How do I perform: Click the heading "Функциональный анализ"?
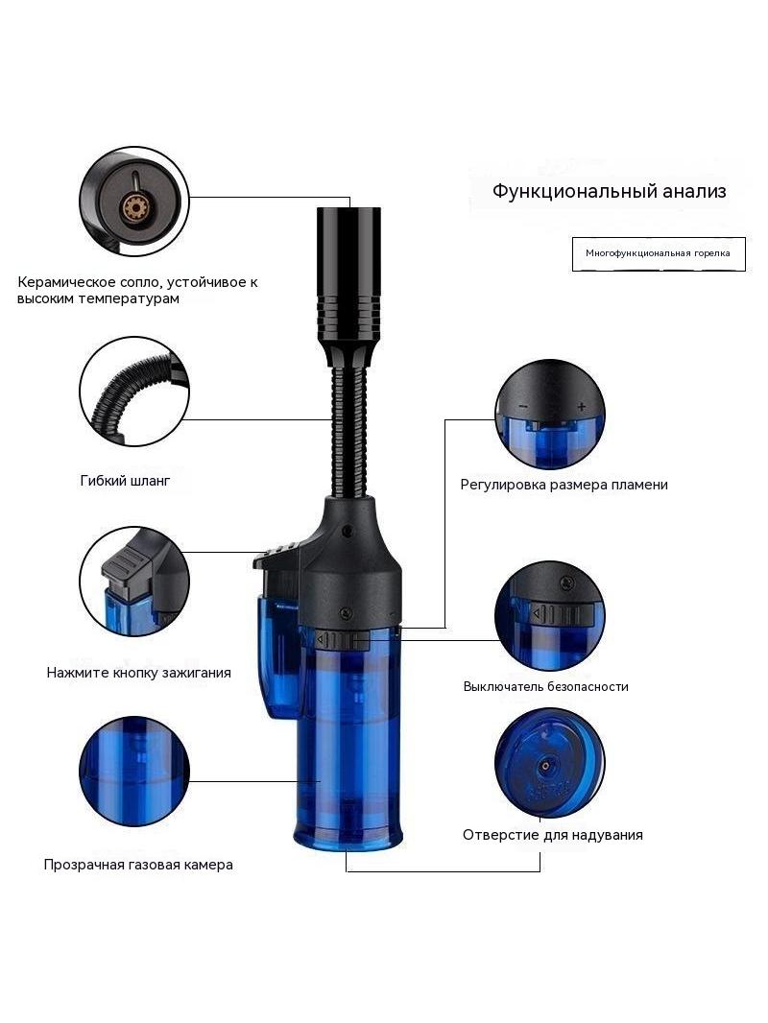pyautogui.click(x=609, y=191)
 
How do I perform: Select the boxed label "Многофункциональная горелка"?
pyautogui.click(x=659, y=253)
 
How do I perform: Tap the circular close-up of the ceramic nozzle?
pyautogui.click(x=134, y=201)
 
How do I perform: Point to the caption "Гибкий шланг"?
pyautogui.click(x=126, y=481)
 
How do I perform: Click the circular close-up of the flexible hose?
pyautogui.click(x=134, y=392)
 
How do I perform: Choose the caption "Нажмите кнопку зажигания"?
pyautogui.click(x=139, y=673)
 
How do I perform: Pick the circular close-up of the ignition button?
pyautogui.click(x=134, y=582)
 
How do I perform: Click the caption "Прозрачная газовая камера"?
pyautogui.click(x=138, y=865)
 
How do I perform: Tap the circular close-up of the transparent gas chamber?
pyautogui.click(x=134, y=772)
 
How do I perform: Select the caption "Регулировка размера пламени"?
pyautogui.click(x=564, y=485)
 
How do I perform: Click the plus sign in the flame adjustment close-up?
pyautogui.click(x=582, y=407)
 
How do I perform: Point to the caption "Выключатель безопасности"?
pyautogui.click(x=545, y=686)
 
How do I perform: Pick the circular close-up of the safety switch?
pyautogui.click(x=549, y=615)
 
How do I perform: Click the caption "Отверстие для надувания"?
pyautogui.click(x=553, y=835)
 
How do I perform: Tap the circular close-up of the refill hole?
pyautogui.click(x=549, y=763)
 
